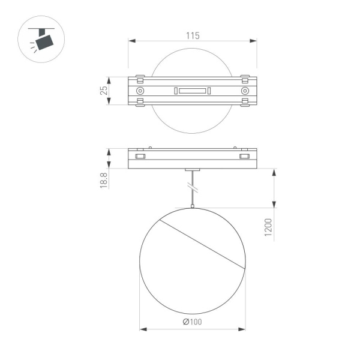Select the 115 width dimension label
coord(192,35)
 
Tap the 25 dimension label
coord(103,91)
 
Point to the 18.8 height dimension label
coord(103,181)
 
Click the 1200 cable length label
coord(268,228)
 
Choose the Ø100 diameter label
coord(192,322)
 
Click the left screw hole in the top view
coord(140,91)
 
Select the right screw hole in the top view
coord(245,91)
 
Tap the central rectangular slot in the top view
coord(192,91)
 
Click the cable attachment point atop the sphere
coord(192,207)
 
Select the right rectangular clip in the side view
coord(244,157)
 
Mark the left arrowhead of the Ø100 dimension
coord(143,329)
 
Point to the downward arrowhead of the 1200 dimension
coord(274,204)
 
